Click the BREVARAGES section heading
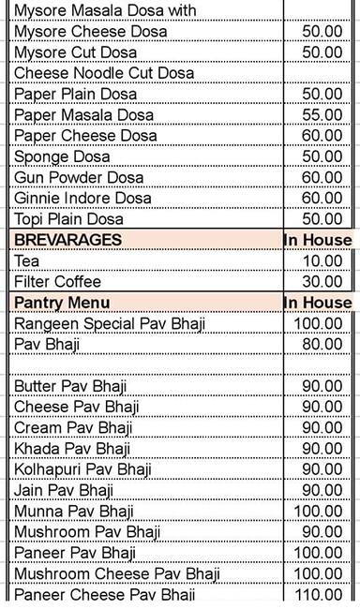tap(67, 240)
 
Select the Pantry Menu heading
tap(62, 302)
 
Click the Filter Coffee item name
tap(57, 281)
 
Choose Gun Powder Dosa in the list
tap(74, 177)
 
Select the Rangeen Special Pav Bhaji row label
tap(109, 323)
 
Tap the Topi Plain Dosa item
tap(68, 218)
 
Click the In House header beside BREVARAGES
tap(318, 240)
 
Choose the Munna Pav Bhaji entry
tap(73, 511)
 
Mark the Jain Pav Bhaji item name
tap(63, 489)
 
